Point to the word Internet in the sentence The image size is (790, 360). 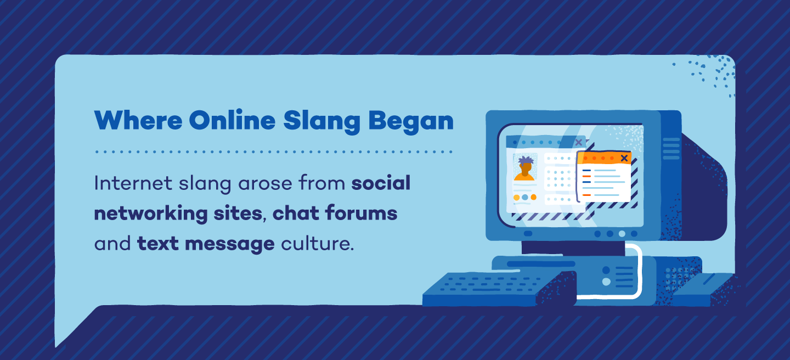129,183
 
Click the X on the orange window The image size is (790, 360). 624,158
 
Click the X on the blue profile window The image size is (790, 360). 578,142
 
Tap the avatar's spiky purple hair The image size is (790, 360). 525,161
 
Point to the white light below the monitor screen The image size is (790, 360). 622,234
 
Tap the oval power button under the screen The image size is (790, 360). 528,233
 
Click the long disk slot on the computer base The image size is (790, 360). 540,264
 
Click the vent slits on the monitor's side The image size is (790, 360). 671,148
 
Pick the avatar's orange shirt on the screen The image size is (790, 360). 524,177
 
